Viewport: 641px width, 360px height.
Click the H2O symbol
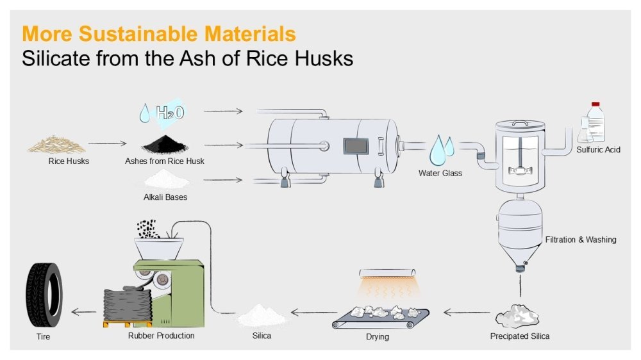click(170, 113)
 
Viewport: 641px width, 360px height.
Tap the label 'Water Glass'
click(440, 173)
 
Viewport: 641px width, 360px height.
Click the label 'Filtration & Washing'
click(581, 240)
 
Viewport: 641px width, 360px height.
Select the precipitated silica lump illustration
click(520, 316)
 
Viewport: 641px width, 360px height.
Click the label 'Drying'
click(377, 336)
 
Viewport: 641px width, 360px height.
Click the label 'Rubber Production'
click(161, 335)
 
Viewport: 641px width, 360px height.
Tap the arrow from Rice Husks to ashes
click(107, 144)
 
